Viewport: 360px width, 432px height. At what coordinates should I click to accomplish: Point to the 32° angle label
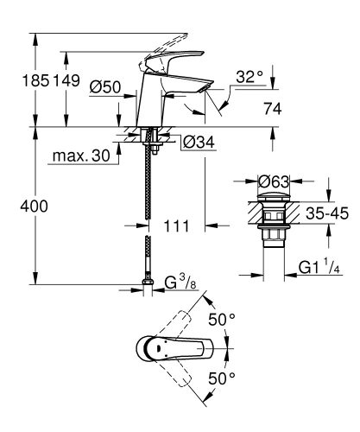(x=249, y=77)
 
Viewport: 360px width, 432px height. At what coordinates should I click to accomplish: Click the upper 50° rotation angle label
(x=222, y=320)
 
